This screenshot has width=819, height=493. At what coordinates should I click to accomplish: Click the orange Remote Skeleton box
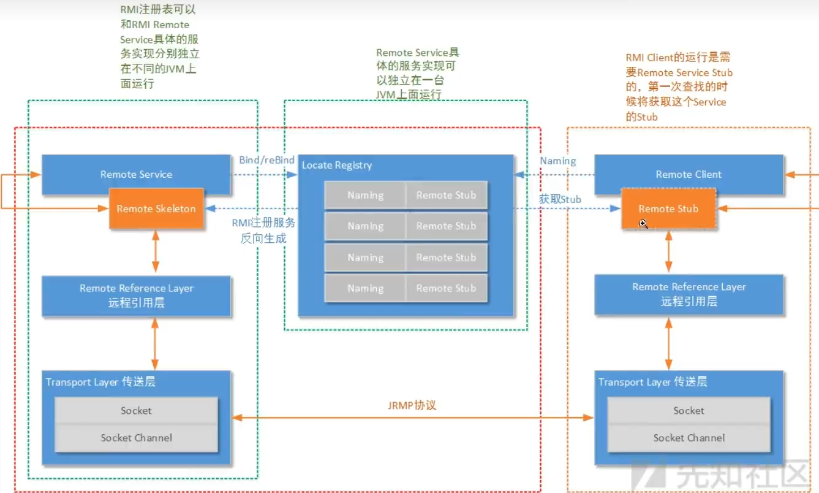(156, 208)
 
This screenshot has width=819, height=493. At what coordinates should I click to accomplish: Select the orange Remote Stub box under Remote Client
(668, 208)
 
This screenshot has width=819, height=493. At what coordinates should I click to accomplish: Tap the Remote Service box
(136, 175)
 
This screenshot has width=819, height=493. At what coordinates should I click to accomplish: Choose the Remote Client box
(689, 175)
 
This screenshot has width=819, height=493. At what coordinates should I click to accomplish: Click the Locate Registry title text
(337, 166)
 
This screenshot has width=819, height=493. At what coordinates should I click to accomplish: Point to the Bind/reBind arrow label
(266, 160)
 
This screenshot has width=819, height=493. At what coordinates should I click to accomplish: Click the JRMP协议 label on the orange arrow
(412, 405)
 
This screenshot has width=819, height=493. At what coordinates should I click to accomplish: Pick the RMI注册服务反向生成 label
(263, 231)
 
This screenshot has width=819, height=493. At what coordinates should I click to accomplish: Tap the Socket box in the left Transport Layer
(136, 411)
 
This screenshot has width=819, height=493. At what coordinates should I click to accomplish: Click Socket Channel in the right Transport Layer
(689, 438)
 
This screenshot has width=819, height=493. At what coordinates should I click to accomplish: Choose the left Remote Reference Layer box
(136, 296)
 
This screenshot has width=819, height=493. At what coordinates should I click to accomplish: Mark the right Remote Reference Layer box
(689, 294)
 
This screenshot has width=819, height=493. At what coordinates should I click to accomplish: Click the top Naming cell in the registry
(365, 196)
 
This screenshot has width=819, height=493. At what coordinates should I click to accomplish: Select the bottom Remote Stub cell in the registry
(446, 288)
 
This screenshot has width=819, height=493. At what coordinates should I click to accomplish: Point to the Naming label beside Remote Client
(557, 161)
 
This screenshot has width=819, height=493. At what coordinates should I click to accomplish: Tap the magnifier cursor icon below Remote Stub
(643, 224)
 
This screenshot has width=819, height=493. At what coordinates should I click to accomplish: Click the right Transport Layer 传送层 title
(652, 382)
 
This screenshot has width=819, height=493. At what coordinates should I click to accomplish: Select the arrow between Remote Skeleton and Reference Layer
(156, 252)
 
